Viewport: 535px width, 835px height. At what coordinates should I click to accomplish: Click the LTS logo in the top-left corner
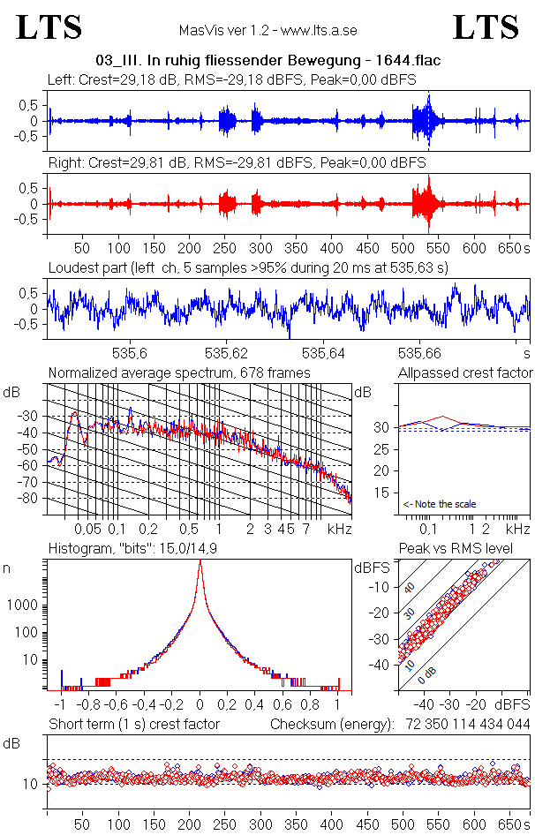49,27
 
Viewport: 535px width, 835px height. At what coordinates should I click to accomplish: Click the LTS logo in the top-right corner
486,27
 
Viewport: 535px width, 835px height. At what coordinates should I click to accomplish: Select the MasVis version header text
267,30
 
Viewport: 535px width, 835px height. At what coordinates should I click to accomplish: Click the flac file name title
267,60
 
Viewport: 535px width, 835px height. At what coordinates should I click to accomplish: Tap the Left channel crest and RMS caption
232,79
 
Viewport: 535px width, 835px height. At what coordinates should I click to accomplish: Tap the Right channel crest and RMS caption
237,163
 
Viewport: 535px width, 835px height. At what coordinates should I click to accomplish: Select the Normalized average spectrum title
179,372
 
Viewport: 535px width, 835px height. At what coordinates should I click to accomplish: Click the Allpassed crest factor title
465,372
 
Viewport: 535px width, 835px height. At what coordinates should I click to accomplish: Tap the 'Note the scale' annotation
440,504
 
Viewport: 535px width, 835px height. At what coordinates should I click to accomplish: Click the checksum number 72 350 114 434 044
467,724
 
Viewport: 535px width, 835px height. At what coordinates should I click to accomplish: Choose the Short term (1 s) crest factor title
133,724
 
